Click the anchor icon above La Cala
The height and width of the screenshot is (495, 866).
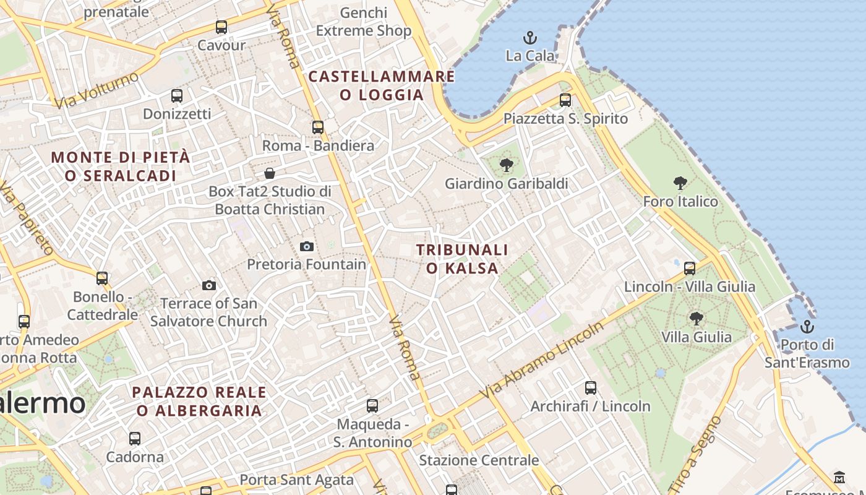click(x=529, y=38)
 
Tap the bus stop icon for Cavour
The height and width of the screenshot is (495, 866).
click(x=221, y=27)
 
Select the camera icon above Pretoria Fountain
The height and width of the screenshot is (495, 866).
click(x=306, y=246)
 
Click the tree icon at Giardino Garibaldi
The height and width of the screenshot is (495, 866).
click(x=507, y=165)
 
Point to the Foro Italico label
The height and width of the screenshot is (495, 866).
click(x=680, y=201)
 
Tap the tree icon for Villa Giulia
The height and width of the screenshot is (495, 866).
click(x=696, y=319)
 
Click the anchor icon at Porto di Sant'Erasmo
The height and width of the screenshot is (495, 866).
click(x=807, y=326)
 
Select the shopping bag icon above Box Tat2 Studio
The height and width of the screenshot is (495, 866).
click(x=270, y=173)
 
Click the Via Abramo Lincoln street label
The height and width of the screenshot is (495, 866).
click(x=542, y=361)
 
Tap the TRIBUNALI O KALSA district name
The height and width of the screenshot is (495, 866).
click(x=461, y=259)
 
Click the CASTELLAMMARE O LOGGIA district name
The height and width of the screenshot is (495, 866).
click(x=382, y=85)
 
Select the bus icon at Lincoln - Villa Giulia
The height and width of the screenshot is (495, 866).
click(x=690, y=269)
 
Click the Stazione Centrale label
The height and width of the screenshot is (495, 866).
click(x=479, y=460)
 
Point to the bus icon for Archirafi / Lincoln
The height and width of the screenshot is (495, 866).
click(x=591, y=388)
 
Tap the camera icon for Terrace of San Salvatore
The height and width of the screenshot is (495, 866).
click(x=209, y=285)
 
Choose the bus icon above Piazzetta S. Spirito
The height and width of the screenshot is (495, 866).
click(x=565, y=100)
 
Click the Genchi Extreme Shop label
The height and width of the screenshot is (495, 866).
click(x=364, y=22)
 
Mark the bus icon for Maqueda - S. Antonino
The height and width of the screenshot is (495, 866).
click(x=372, y=406)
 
